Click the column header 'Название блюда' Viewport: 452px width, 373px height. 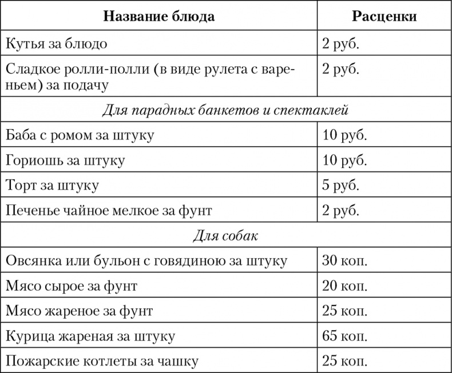coord(158,15)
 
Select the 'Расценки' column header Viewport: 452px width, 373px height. coord(384,15)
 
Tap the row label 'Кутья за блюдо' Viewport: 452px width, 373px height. coord(56,43)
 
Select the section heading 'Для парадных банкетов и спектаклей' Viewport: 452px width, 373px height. coord(225,110)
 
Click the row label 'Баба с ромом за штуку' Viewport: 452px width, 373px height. coord(79,135)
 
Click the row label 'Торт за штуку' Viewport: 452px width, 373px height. coord(52,186)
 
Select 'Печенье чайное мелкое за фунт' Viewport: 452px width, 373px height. coord(109,211)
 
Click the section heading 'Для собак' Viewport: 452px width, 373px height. coord(225,235)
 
